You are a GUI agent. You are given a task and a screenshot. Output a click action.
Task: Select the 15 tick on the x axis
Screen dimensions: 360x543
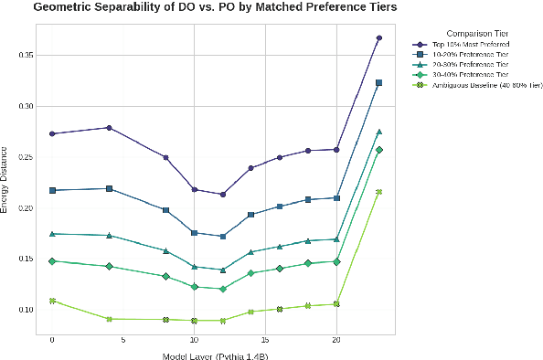265,339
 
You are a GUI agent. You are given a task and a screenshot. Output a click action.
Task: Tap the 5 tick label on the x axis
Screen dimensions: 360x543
123,339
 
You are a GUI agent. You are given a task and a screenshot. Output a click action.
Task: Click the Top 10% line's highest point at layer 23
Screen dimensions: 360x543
378,38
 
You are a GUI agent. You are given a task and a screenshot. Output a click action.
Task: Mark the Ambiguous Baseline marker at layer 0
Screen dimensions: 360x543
52,301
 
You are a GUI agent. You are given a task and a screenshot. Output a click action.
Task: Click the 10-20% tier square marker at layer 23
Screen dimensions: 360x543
378,82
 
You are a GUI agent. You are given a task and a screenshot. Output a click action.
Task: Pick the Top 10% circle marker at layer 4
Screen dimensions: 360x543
110,128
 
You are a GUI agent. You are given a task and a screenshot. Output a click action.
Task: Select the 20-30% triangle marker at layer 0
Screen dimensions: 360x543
52,234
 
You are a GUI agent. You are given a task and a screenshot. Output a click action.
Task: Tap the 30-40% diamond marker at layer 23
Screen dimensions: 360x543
378,150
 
